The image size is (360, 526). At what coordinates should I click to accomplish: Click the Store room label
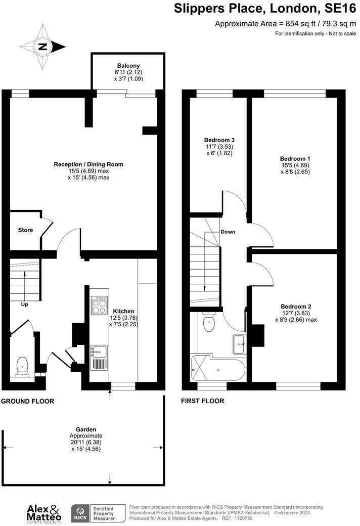(25, 230)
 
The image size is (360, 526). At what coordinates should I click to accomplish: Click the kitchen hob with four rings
(99, 305)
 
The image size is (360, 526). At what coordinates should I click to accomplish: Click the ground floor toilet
(22, 366)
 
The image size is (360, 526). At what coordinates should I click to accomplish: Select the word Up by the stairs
(24, 304)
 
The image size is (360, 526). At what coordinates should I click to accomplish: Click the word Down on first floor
(228, 232)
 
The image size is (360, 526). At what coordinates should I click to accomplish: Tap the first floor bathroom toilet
(208, 321)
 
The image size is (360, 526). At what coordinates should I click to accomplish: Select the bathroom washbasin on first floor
(239, 344)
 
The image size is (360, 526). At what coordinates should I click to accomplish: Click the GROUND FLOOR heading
(27, 401)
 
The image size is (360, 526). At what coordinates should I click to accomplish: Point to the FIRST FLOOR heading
(203, 401)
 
